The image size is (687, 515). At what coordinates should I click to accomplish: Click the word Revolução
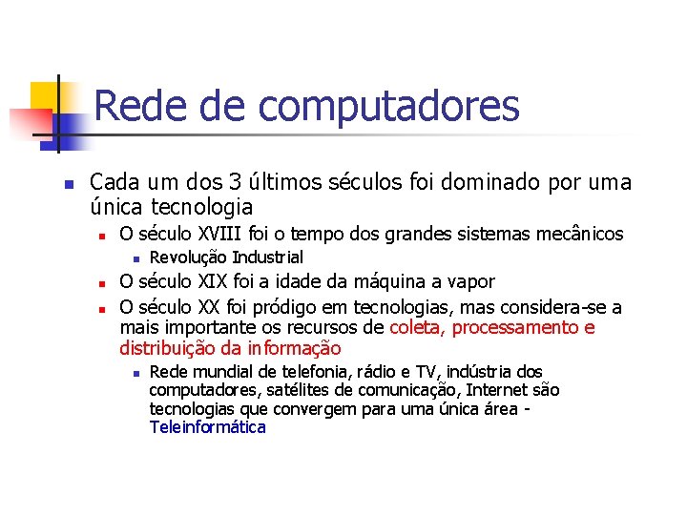click(x=189, y=257)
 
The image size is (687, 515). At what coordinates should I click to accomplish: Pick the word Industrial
click(x=268, y=257)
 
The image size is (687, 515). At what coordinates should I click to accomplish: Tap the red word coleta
click(x=417, y=328)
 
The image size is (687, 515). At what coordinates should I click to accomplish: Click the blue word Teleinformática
click(x=207, y=427)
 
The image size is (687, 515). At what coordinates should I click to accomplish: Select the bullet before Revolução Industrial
click(x=136, y=258)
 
